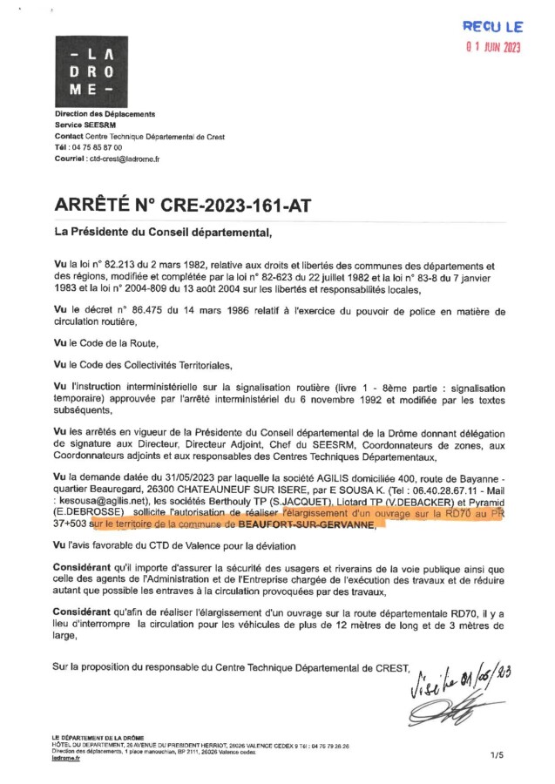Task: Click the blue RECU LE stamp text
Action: coord(492,27)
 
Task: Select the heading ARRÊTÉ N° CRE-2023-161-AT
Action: coord(182,206)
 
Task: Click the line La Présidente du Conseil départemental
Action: coord(164,233)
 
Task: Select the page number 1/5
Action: coord(497,755)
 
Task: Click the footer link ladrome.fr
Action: coord(66,759)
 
